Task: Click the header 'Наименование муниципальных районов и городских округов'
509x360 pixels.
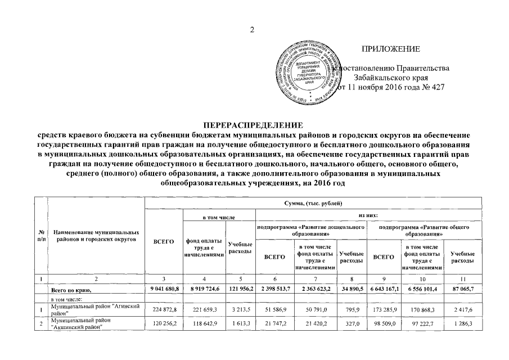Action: (x=96, y=235)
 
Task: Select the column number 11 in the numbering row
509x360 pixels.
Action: (x=462, y=278)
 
